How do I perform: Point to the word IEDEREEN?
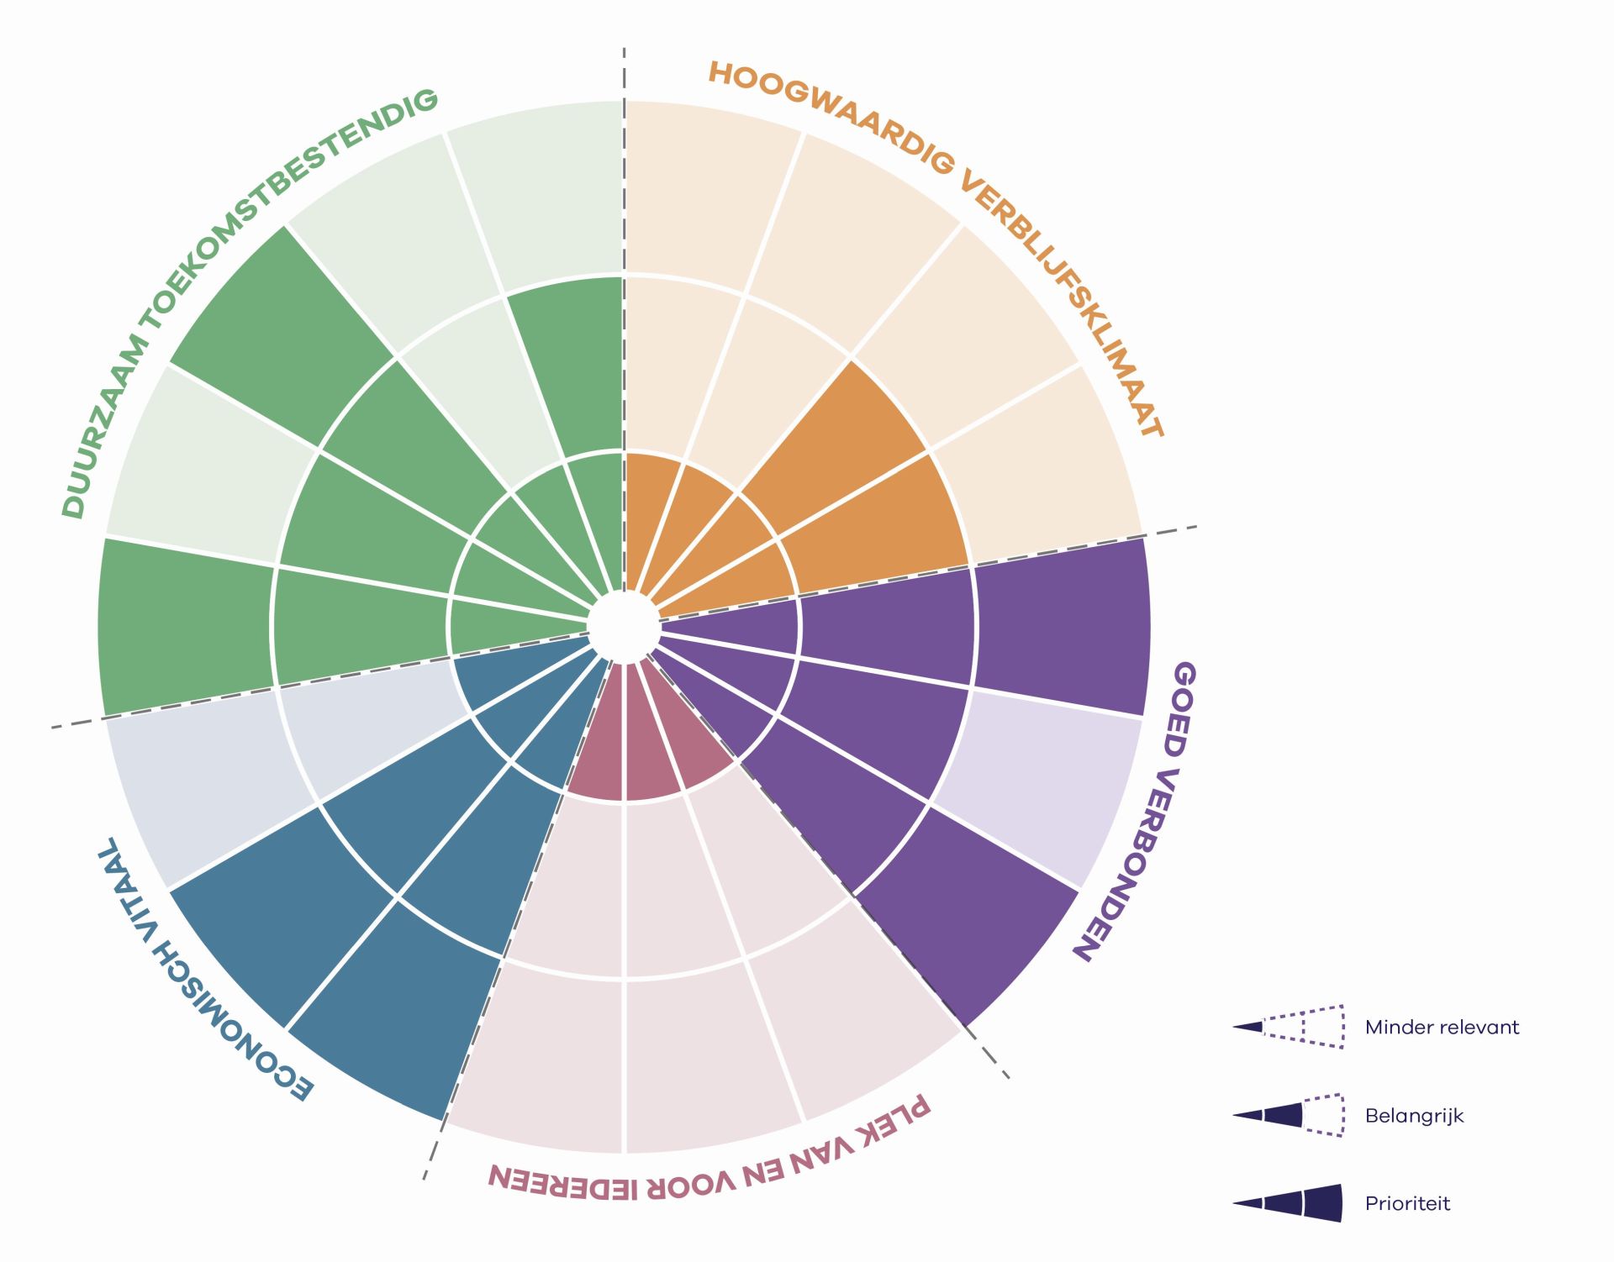pyautogui.click(x=563, y=1181)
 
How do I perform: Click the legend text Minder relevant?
pyautogui.click(x=1442, y=1027)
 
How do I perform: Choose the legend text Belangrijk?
pyautogui.click(x=1415, y=1117)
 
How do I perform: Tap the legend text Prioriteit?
pyautogui.click(x=1408, y=1204)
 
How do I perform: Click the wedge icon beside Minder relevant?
pyautogui.click(x=1289, y=1027)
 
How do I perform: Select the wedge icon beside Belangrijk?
pyautogui.click(x=1289, y=1115)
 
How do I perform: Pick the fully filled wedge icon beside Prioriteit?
pyautogui.click(x=1289, y=1203)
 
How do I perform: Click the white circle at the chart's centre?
pyautogui.click(x=623, y=627)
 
